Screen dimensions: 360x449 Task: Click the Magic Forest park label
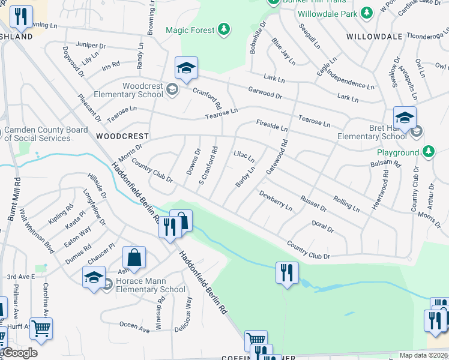click(x=190, y=29)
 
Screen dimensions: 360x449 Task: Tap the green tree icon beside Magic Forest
click(x=224, y=29)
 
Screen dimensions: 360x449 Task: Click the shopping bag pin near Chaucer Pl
click(x=134, y=258)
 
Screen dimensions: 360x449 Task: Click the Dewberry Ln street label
click(x=276, y=201)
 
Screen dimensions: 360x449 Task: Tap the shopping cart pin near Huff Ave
click(x=41, y=328)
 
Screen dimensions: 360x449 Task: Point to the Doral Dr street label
click(x=323, y=226)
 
